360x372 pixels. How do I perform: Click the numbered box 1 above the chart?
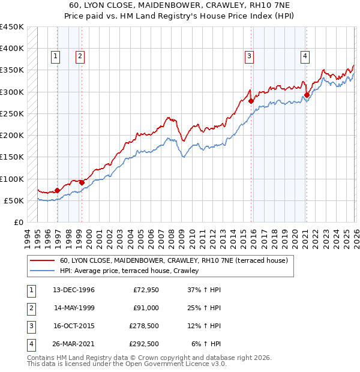55,56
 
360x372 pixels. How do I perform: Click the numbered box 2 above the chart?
80,56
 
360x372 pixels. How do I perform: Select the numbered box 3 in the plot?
248,56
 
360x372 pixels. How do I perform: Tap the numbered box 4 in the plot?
305,56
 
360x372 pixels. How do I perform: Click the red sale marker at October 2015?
251,101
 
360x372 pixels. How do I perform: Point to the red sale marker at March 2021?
307,95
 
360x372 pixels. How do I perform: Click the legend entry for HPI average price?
129,271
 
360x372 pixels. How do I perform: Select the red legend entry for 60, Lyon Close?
174,260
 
